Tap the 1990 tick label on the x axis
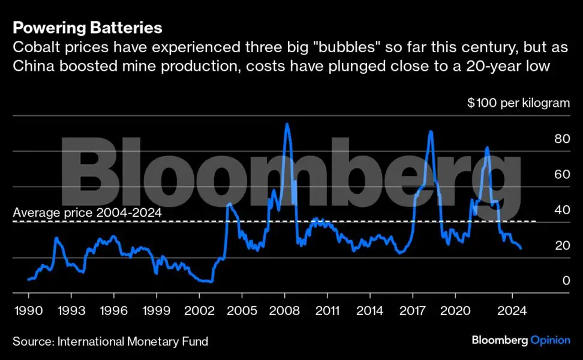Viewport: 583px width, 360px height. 28,313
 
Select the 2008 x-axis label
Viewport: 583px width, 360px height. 285,313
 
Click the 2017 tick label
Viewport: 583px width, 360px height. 412,313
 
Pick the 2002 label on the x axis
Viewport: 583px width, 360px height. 199,313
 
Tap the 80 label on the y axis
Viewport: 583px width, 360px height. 562,139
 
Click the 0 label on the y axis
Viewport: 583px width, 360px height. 566,281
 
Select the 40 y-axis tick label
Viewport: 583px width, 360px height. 562,210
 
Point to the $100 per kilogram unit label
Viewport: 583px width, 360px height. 518,103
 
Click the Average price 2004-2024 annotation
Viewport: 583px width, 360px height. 87,212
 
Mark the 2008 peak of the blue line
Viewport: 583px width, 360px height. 287,124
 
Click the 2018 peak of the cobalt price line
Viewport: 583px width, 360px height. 430,131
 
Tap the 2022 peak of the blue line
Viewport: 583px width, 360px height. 487,148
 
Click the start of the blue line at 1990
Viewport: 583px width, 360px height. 28,280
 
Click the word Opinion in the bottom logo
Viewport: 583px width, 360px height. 550,340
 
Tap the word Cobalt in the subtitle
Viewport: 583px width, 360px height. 32,47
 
